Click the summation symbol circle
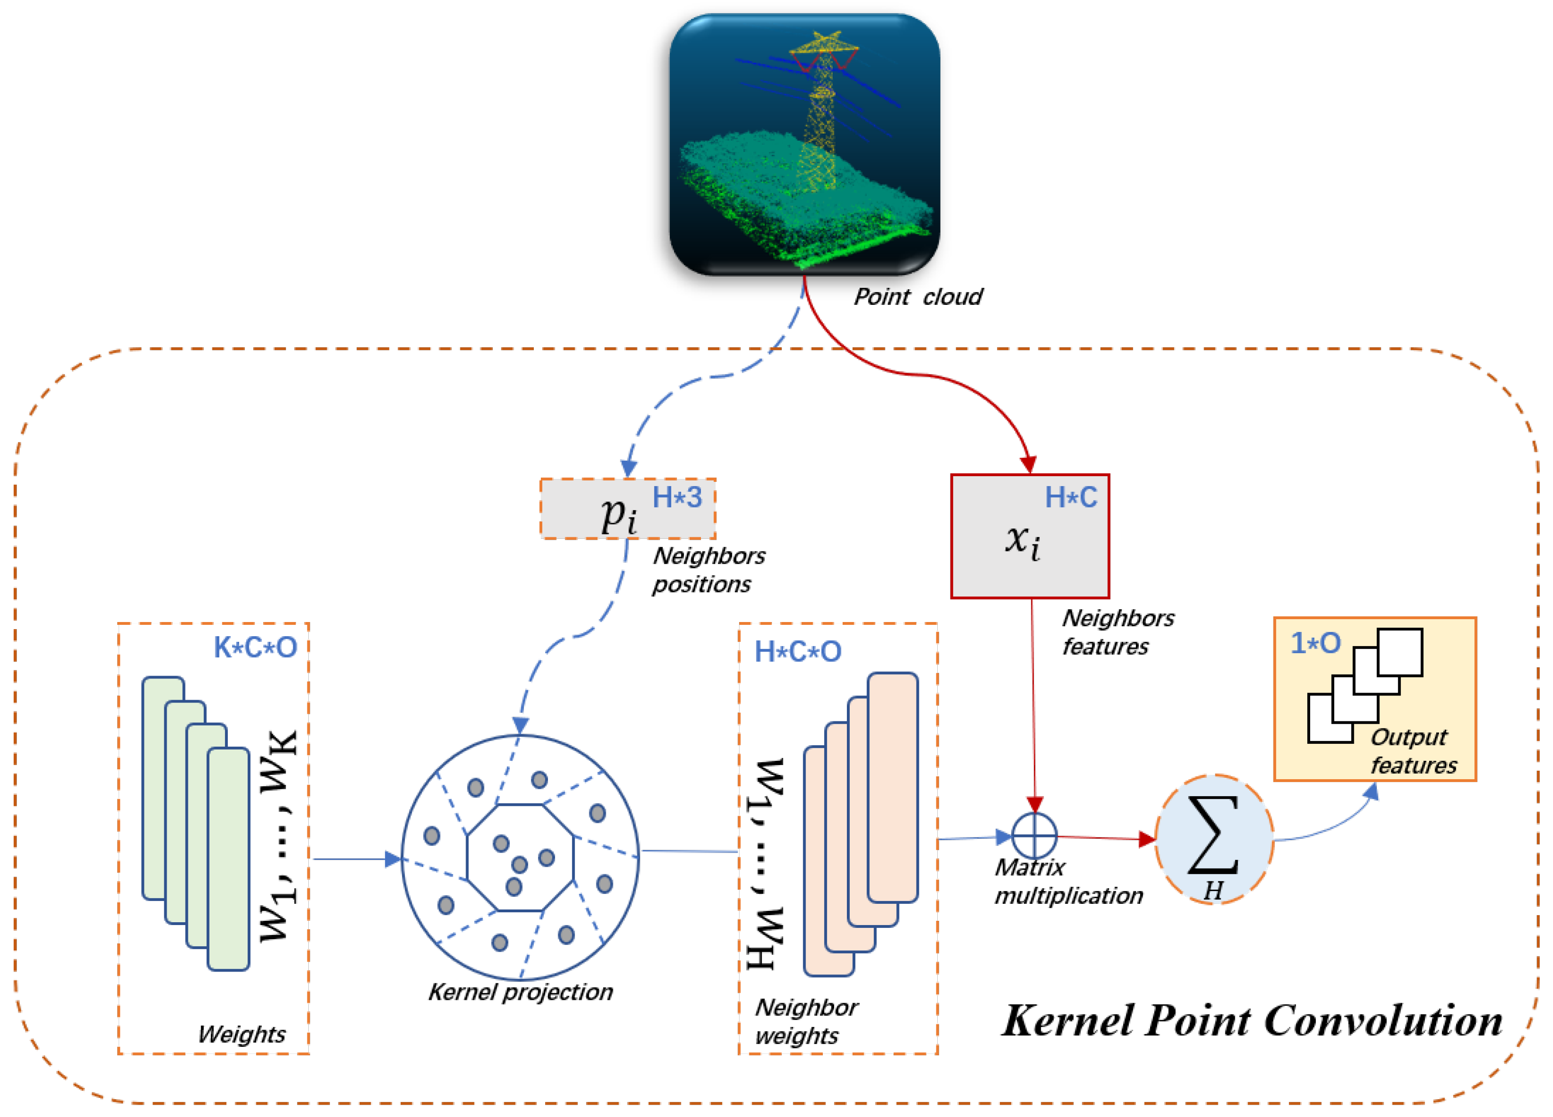coord(1214,839)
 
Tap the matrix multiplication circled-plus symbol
coord(1035,836)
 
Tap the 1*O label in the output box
coord(1315,643)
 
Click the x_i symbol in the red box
coord(1023,541)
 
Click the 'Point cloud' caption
coord(917,297)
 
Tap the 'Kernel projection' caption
coord(520,992)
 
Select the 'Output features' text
coord(1413,751)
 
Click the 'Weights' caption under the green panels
coord(241,1034)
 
